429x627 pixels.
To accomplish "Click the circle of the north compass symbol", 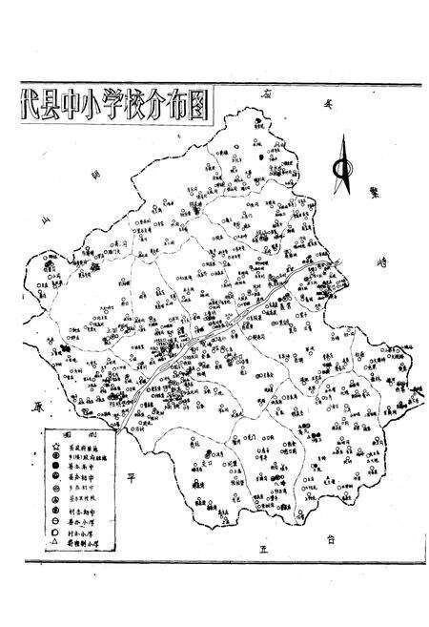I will click(341, 169).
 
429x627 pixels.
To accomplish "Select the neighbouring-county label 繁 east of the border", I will click(375, 191).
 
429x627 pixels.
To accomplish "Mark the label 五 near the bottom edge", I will click(264, 550).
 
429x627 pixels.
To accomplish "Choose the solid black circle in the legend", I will click(58, 469).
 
